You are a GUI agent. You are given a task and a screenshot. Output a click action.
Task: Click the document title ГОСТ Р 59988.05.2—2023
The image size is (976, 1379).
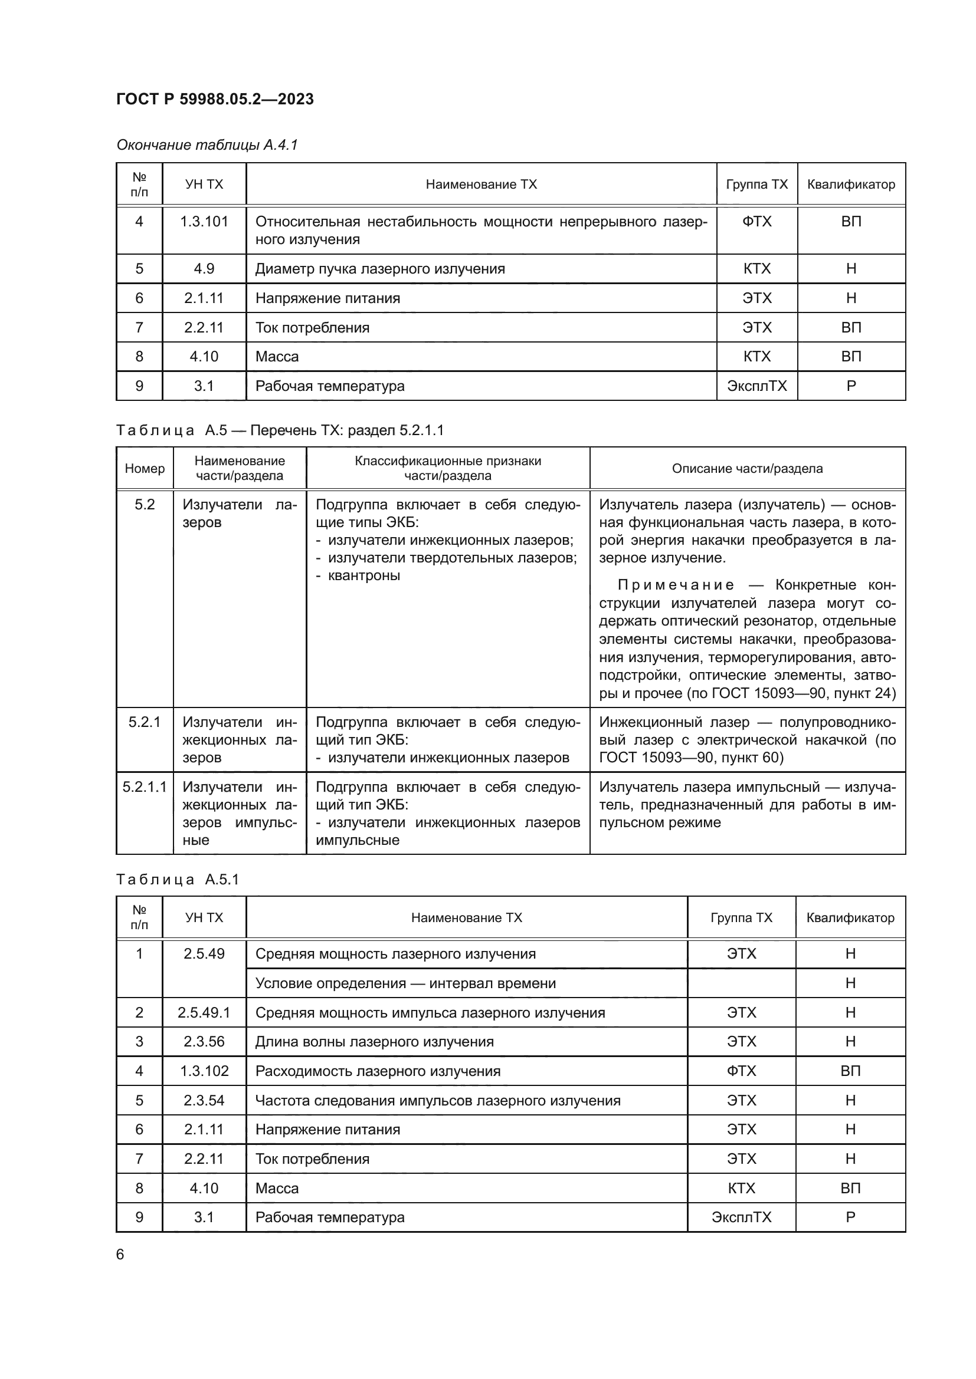pos(215,99)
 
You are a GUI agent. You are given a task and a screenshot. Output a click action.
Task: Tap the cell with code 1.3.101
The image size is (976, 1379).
pos(204,222)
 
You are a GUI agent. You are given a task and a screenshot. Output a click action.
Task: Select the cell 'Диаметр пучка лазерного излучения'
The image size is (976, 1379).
pos(380,268)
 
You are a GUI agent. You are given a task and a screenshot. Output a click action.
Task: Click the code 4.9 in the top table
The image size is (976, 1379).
pos(204,268)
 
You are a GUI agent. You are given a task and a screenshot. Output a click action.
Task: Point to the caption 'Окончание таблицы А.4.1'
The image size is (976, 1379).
pos(207,145)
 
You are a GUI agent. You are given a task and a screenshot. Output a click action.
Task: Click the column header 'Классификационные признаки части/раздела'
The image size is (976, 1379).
pos(448,468)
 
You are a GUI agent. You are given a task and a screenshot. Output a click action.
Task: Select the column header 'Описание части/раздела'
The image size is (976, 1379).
pos(747,468)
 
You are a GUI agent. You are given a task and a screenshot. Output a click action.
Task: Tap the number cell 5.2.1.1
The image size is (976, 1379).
pos(144,787)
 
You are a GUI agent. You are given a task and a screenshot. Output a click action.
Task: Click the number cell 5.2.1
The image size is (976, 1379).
pos(144,722)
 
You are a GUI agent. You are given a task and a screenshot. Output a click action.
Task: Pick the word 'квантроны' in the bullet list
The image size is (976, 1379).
pos(363,575)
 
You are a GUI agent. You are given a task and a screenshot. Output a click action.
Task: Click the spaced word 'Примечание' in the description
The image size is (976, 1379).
pos(676,585)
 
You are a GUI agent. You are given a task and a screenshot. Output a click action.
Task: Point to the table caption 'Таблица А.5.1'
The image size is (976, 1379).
pos(177,879)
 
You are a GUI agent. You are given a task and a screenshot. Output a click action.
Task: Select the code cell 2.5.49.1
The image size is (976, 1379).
pos(204,1013)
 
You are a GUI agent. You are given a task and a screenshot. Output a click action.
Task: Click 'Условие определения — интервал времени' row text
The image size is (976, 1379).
pos(405,983)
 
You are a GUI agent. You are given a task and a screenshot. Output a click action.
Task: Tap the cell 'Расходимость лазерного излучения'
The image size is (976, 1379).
pos(378,1071)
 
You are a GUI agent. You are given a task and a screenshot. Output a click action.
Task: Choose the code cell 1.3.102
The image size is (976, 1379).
pos(204,1071)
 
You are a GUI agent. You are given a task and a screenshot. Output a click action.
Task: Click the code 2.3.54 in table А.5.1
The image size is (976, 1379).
pos(204,1100)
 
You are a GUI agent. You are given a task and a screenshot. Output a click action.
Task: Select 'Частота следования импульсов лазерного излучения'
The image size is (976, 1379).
pos(437,1100)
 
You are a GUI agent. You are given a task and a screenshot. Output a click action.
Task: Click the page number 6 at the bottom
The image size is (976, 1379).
pos(120,1254)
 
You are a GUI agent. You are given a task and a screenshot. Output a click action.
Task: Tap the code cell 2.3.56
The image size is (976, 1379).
pos(204,1041)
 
